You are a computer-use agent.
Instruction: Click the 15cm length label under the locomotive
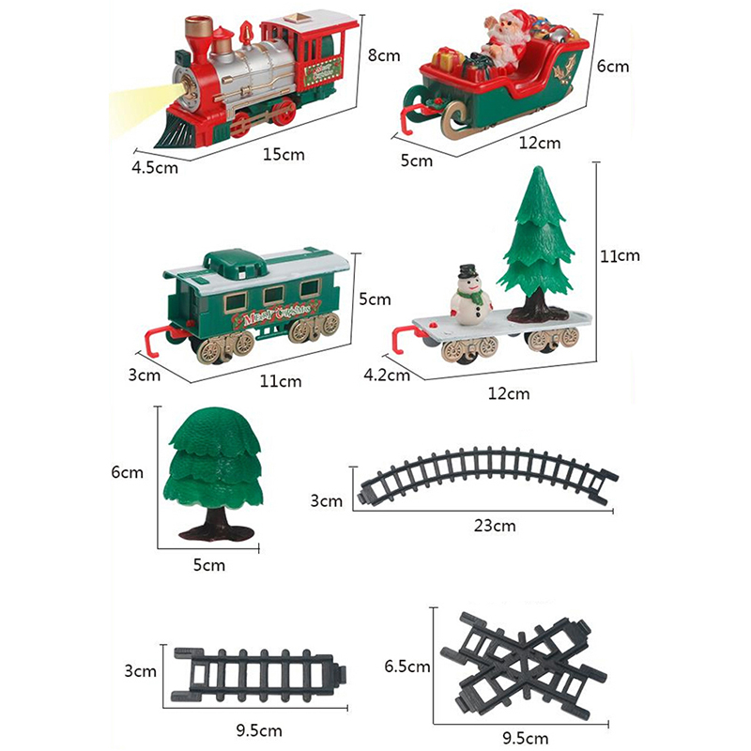point(284,155)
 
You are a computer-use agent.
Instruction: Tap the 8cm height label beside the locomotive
point(384,55)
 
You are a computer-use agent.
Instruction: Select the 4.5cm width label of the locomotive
point(155,168)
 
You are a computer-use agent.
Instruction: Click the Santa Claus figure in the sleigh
point(504,40)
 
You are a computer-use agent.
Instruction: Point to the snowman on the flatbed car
point(470,296)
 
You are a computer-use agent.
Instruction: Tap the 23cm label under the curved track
point(495,526)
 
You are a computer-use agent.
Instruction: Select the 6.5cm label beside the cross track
point(407,667)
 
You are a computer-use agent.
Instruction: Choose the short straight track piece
point(259,675)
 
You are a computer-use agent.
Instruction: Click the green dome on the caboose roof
point(234,263)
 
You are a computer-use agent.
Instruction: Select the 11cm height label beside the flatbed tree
point(620,255)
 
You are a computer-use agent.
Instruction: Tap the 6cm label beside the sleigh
point(613,66)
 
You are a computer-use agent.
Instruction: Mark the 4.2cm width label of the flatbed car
point(387,375)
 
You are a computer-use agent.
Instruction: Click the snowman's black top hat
point(467,271)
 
